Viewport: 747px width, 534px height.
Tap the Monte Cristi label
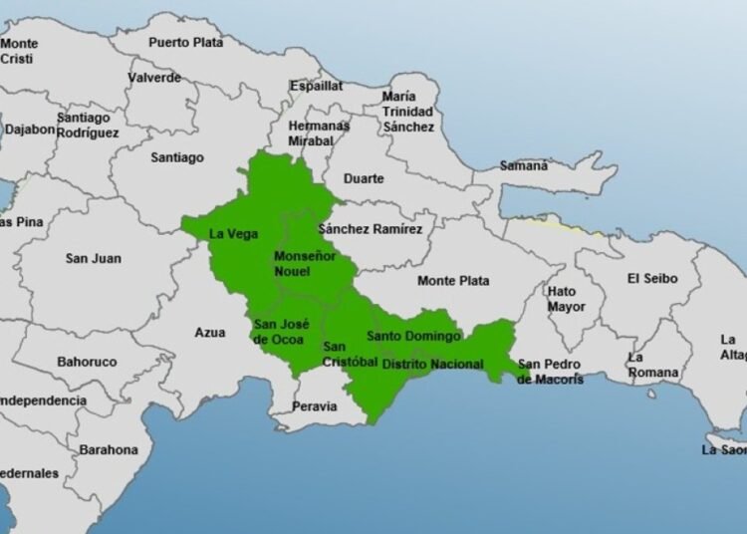point(20,51)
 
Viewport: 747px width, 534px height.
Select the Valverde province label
point(155,77)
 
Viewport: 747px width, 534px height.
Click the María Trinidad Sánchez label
point(408,112)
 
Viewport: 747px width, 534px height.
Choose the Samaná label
point(523,165)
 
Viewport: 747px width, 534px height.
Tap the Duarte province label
point(364,178)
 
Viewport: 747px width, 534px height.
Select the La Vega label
point(234,234)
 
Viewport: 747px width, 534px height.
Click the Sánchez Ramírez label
point(371,229)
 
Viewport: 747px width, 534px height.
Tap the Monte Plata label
point(453,281)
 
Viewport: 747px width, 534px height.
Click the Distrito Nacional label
point(433,365)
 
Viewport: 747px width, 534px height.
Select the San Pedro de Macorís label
point(551,372)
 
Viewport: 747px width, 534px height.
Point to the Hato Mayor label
point(566,299)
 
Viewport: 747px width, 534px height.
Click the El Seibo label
point(651,278)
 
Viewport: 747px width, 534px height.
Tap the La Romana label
point(652,365)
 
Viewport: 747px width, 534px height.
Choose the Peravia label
point(315,406)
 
